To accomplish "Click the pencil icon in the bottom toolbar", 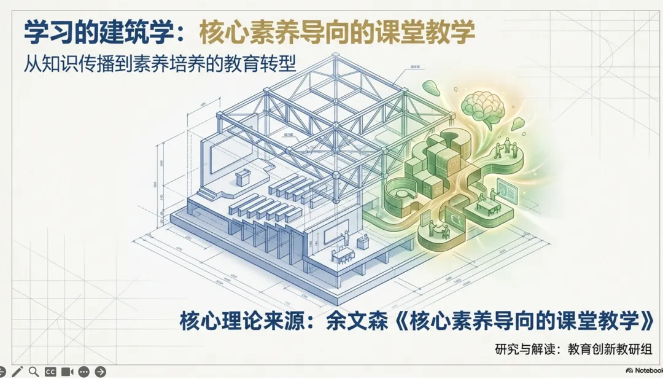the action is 17,372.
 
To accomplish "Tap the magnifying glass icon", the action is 34,372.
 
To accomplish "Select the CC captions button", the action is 50,372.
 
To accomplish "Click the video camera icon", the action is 67,372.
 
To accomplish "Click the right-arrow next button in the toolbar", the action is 100,372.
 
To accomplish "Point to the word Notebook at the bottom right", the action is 648,371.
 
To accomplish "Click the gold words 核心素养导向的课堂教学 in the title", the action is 337,33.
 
